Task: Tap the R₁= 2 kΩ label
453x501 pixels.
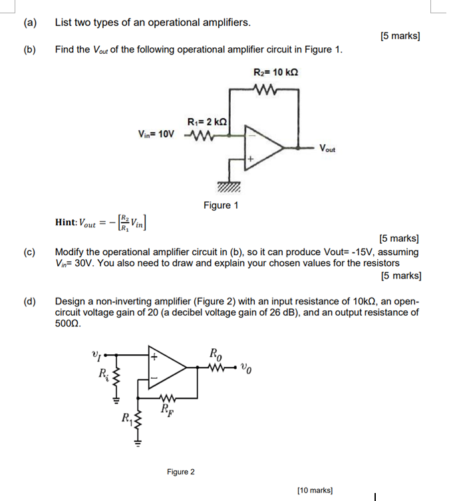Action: click(208, 122)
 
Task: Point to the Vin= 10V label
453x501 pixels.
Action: click(156, 134)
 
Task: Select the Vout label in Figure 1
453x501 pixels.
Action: click(327, 148)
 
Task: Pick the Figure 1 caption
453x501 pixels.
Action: click(221, 205)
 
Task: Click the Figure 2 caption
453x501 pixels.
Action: click(181, 472)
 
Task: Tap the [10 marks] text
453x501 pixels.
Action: click(315, 490)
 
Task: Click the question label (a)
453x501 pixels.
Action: click(29, 23)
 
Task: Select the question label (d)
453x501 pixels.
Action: click(29, 302)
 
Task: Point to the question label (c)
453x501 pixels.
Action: click(29, 252)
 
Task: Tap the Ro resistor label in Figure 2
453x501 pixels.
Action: click(217, 353)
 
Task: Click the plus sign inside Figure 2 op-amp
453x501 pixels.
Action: click(155, 357)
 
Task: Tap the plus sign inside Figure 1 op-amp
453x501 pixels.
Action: click(251, 160)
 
